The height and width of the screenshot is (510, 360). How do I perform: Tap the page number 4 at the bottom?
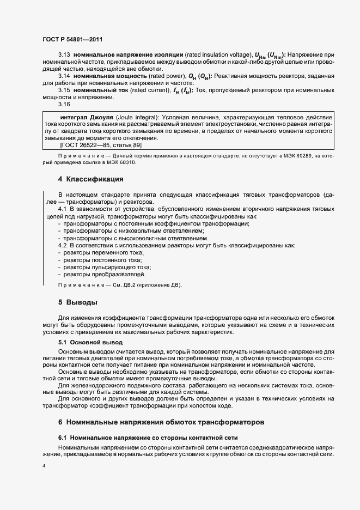click(44, 466)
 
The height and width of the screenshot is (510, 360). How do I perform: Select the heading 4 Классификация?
click(90, 179)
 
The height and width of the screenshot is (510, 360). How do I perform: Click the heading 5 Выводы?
click(77, 302)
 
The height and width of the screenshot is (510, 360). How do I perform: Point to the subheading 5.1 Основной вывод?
click(90, 342)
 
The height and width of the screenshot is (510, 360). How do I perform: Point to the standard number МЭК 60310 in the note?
click(120, 162)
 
